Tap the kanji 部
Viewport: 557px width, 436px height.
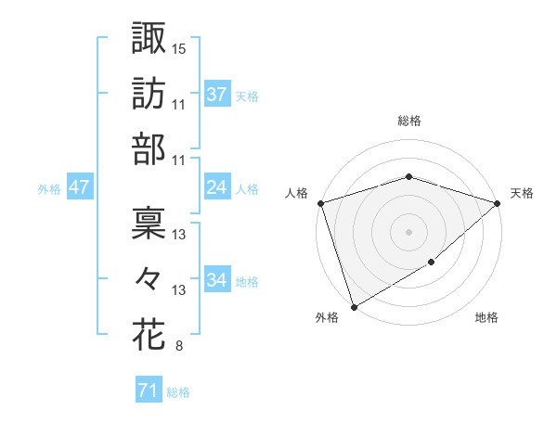tap(149, 148)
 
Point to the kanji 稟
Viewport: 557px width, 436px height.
tap(149, 221)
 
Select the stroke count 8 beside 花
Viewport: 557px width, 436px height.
tap(178, 347)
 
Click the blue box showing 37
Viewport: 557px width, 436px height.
tap(217, 94)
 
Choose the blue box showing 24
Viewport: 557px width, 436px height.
tap(217, 187)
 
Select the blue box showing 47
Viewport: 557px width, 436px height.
tap(79, 187)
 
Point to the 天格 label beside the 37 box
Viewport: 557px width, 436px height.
tap(247, 96)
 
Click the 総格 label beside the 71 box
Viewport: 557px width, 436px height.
tap(178, 392)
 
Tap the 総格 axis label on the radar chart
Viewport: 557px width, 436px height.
tap(409, 121)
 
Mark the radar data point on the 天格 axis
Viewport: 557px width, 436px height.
tap(499, 202)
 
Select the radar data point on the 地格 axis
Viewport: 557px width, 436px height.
tap(432, 263)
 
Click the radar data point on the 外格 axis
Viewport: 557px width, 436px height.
tap(353, 307)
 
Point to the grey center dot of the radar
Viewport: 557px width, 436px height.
tap(408, 231)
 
